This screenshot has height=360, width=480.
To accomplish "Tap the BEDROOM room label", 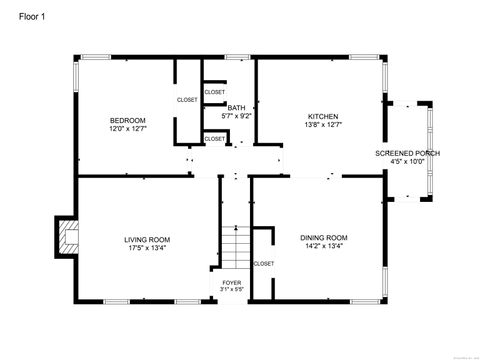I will click(127, 120).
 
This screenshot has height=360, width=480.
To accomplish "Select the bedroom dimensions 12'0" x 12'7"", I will click(127, 129).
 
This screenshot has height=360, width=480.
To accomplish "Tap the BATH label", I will click(236, 107).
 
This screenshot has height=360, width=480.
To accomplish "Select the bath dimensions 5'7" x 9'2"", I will click(236, 116).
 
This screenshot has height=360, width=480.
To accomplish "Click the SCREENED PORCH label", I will click(407, 153).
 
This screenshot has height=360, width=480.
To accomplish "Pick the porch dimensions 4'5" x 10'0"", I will click(407, 162).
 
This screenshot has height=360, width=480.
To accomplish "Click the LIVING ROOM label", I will click(147, 239).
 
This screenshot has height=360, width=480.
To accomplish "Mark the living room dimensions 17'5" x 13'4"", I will click(147, 248).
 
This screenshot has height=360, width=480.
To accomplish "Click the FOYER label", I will click(231, 283).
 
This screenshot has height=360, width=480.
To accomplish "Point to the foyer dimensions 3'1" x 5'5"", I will click(231, 291).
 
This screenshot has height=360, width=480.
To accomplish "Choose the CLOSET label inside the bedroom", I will click(187, 100).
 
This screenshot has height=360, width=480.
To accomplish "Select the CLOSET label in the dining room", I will click(264, 263).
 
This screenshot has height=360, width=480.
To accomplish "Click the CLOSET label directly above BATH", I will click(215, 92).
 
